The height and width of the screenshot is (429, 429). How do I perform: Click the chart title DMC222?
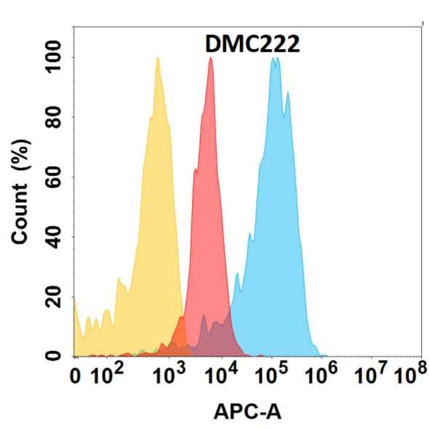coord(252,44)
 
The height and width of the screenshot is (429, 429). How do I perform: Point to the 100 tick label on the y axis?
coord(54,58)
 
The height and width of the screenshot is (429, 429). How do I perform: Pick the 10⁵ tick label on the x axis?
coord(273,375)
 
